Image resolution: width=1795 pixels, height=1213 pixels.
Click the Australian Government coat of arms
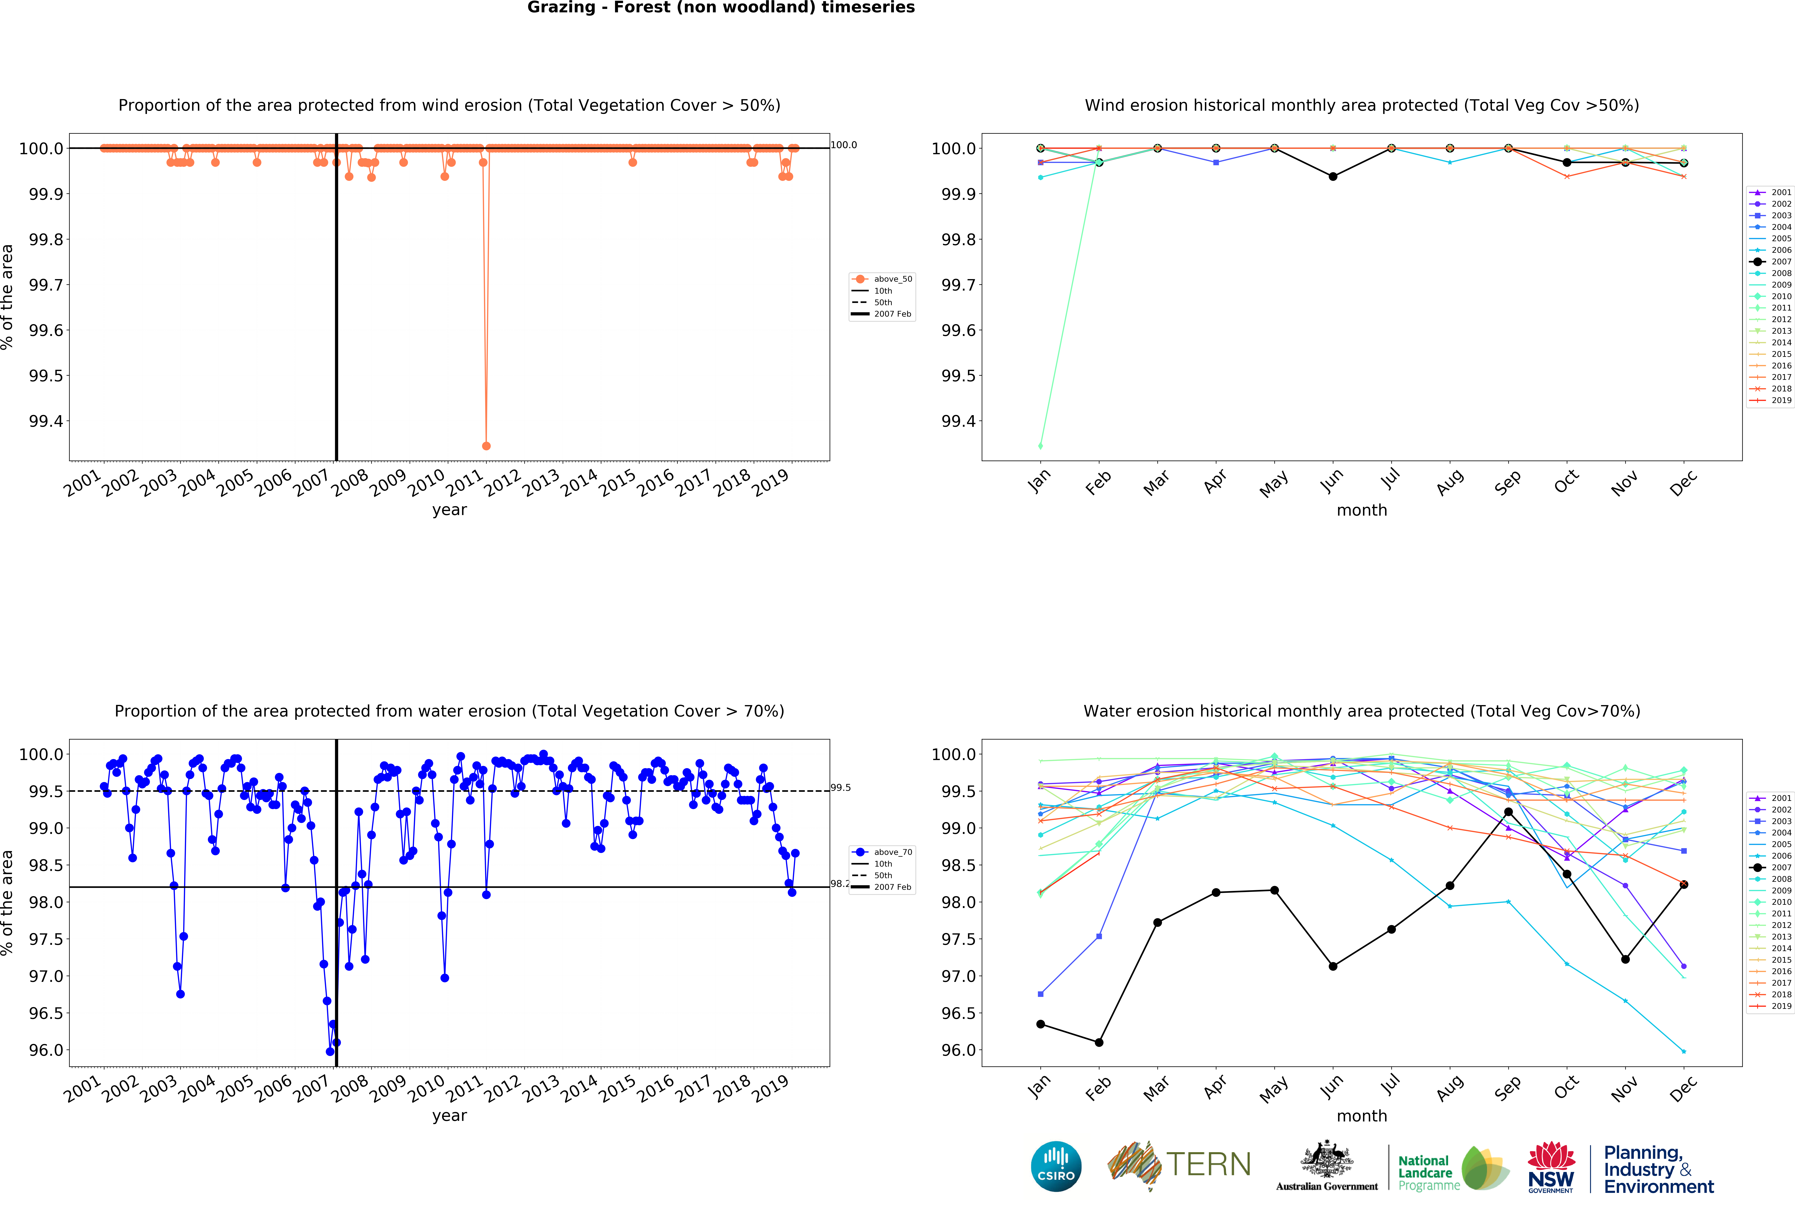click(1326, 1159)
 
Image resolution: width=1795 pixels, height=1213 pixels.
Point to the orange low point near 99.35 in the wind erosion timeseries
click(486, 446)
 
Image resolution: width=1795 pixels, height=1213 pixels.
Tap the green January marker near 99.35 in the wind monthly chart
click(1040, 446)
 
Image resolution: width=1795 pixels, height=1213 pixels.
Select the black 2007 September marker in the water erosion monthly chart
click(1508, 812)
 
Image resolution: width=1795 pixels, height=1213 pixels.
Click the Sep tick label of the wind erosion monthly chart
click(1507, 483)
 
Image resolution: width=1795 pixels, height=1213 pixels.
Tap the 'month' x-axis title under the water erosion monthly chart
click(1362, 1116)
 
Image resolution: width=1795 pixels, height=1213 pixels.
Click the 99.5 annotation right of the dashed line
click(840, 787)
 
